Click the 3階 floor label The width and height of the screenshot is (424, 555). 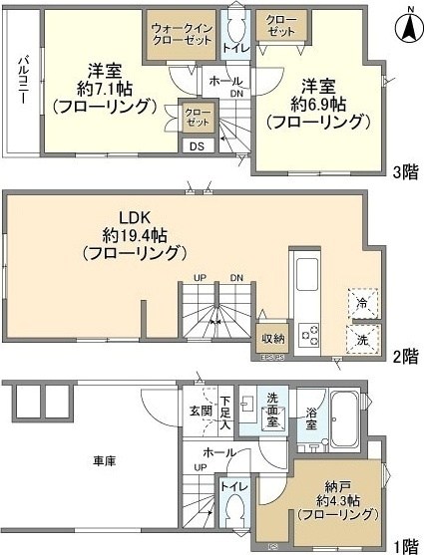coord(405,171)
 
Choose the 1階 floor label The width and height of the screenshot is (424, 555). coord(405,545)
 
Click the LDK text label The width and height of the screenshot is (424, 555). coord(134,218)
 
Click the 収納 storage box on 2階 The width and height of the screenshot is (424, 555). coord(272,336)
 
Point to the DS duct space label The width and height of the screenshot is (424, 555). coord(196,146)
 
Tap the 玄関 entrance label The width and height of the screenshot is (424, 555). coord(200,410)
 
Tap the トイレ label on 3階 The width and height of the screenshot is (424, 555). coord(235,47)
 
